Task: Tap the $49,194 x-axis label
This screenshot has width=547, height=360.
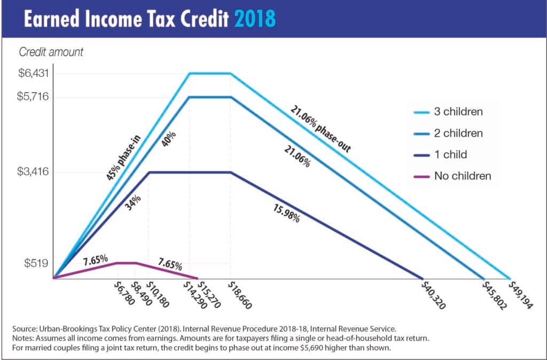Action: pyautogui.click(x=519, y=296)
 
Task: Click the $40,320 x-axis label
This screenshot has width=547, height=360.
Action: pyautogui.click(x=434, y=296)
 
